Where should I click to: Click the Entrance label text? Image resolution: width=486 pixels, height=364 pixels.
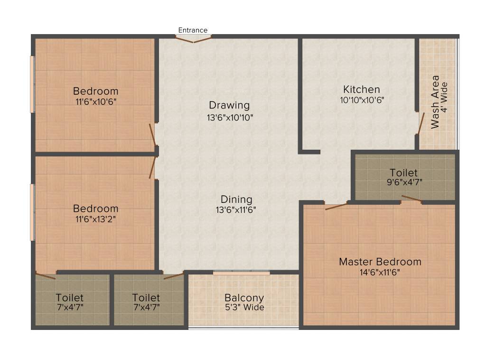pyautogui.click(x=193, y=30)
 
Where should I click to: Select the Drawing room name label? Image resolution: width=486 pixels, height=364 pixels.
pyautogui.click(x=229, y=105)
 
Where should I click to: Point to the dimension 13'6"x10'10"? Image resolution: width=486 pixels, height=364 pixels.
pyautogui.click(x=230, y=117)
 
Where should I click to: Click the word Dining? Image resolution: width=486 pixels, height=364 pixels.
pyautogui.click(x=236, y=200)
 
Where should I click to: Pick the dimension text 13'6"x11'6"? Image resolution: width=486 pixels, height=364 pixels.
pyautogui.click(x=236, y=209)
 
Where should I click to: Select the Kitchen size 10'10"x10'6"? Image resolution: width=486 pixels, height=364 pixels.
pyautogui.click(x=362, y=100)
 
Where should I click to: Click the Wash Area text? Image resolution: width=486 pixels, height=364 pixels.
pyautogui.click(x=435, y=102)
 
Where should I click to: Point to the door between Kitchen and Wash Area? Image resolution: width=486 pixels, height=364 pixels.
pyautogui.click(x=420, y=124)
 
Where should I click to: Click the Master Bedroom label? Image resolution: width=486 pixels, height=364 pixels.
pyautogui.click(x=380, y=262)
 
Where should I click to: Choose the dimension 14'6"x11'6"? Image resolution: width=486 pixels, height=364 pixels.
pyautogui.click(x=380, y=272)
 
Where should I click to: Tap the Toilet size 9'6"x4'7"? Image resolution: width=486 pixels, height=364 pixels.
pyautogui.click(x=404, y=182)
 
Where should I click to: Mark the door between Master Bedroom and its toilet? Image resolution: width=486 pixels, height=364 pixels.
pyautogui.click(x=411, y=200)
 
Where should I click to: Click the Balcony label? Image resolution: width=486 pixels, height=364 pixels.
pyautogui.click(x=244, y=298)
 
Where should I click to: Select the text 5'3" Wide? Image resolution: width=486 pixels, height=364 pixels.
pyautogui.click(x=244, y=308)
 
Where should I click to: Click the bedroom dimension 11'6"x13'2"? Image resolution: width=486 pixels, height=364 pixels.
pyautogui.click(x=95, y=219)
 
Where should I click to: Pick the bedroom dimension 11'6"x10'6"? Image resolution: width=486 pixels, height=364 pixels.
pyautogui.click(x=95, y=101)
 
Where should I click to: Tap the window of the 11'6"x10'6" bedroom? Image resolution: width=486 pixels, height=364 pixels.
pyautogui.click(x=32, y=84)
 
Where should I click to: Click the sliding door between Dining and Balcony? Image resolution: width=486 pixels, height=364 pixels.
pyautogui.click(x=241, y=273)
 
